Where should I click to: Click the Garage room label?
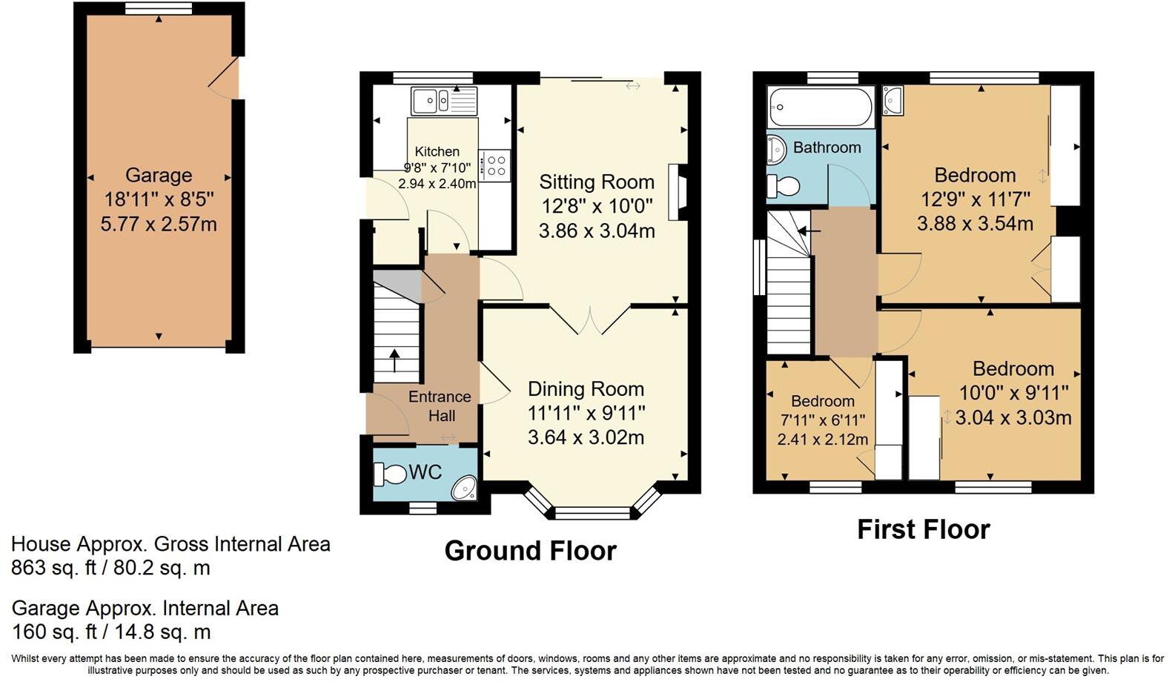159,176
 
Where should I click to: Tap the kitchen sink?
444,101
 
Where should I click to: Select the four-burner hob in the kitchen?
494,165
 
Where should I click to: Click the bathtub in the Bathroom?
821,108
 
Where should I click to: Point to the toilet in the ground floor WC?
390,473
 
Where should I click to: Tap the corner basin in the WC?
466,488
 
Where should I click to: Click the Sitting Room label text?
597,182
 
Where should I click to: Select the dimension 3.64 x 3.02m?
586,437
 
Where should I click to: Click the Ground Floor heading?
530,551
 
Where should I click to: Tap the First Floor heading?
923,529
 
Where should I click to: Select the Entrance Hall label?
440,406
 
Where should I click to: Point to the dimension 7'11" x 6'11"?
822,420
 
